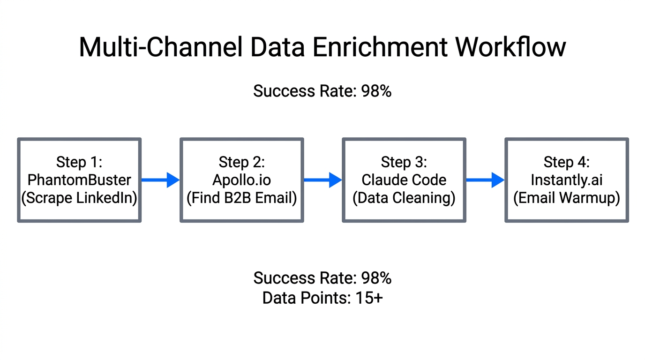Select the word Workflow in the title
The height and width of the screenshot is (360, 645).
(x=511, y=47)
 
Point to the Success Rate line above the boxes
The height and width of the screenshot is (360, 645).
(x=322, y=91)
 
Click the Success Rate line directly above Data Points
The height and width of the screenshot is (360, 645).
(x=322, y=278)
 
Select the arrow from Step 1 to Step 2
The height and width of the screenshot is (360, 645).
(x=160, y=180)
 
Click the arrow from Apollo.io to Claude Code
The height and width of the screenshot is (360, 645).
(x=323, y=180)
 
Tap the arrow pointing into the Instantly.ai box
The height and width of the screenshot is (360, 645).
(x=485, y=180)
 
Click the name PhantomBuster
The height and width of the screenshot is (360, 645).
(x=79, y=180)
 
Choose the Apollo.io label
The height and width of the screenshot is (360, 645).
(x=242, y=180)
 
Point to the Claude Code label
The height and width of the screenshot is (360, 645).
(x=404, y=180)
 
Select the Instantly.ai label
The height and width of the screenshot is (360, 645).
(x=567, y=180)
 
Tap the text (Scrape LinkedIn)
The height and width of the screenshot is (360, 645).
(x=79, y=198)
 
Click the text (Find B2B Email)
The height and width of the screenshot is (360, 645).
(x=242, y=198)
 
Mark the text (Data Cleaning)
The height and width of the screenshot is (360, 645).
(x=404, y=198)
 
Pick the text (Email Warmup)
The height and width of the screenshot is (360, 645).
(x=567, y=198)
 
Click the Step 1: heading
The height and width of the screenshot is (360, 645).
(x=79, y=162)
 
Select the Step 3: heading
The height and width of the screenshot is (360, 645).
(x=404, y=162)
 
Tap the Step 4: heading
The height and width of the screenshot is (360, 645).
(x=567, y=162)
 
